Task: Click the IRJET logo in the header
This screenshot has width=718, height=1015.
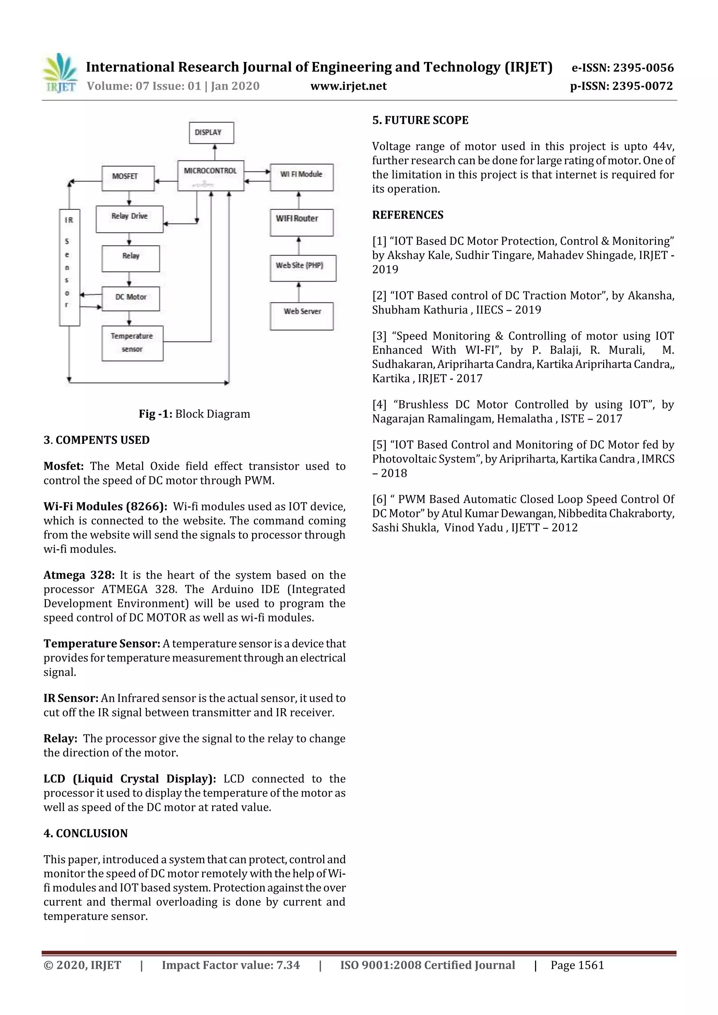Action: [60, 73]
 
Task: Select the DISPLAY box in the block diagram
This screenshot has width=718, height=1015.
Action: [211, 133]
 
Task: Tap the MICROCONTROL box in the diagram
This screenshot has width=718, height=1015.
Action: [211, 176]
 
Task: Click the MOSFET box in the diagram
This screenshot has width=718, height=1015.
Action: [128, 178]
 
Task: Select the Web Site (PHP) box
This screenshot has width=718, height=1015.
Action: [303, 268]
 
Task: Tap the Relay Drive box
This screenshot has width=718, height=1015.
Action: [129, 219]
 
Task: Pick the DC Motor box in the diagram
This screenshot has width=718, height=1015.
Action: [130, 299]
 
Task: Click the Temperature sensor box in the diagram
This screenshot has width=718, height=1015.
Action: [132, 343]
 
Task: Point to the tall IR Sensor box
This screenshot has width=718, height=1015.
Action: [69, 267]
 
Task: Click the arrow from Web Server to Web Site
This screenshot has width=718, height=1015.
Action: [299, 292]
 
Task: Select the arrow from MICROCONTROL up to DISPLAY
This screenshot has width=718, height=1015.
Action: [215, 152]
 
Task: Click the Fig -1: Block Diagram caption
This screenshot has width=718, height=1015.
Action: [194, 414]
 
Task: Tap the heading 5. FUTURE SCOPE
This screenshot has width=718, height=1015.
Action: [420, 120]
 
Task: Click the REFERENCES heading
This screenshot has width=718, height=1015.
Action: [407, 215]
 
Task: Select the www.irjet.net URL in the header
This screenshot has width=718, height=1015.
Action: [348, 86]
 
